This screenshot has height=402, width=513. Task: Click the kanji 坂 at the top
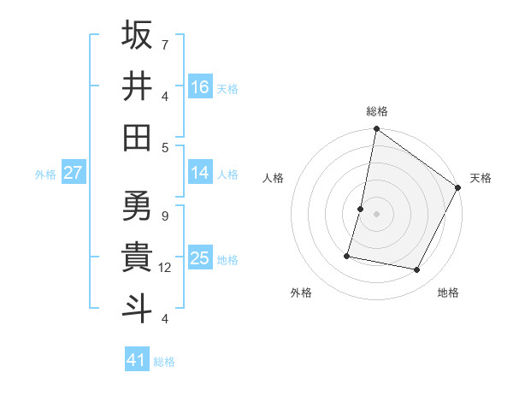pos(138,35)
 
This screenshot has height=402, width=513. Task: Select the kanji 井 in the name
pos(138,86)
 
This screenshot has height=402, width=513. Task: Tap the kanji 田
pos(138,137)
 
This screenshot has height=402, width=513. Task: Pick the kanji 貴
pos(138,257)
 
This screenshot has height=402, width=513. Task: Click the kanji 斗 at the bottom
pos(138,308)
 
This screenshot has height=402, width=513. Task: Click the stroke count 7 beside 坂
pos(165,44)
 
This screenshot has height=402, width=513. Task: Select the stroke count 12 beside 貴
pos(165,268)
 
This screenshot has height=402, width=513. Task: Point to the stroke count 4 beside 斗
pos(165,319)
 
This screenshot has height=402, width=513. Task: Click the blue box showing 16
pos(200,86)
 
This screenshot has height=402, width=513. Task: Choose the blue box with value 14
pos(200,173)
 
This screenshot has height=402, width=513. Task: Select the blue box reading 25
pos(200,258)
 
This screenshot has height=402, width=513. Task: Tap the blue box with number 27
pos(73,173)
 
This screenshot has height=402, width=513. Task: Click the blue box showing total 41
pos(137,360)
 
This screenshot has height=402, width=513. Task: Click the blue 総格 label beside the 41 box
pos(164,362)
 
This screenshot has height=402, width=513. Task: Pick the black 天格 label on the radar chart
pos(481,178)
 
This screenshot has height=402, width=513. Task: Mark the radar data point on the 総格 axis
pos(376,130)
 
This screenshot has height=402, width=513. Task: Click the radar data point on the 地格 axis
pos(417,270)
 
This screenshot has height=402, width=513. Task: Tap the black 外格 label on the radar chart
pos(301,293)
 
